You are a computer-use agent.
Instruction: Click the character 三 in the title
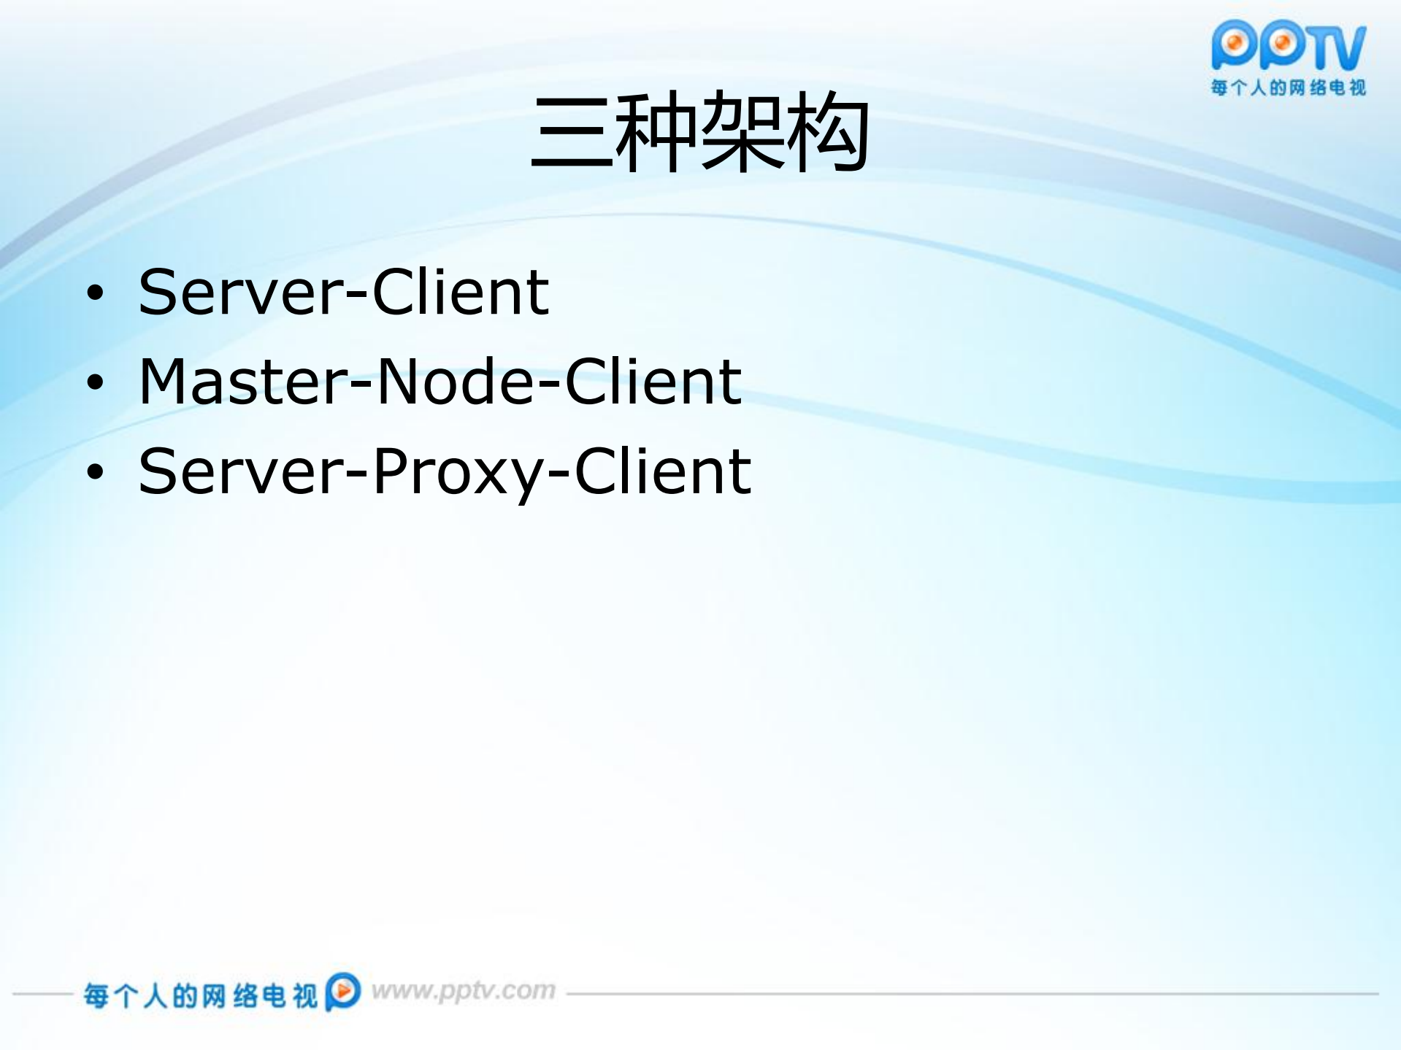tap(572, 133)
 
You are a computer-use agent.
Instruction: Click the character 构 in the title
tap(827, 133)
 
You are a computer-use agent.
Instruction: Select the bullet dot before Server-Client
tap(96, 293)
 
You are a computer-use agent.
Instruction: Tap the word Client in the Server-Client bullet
tap(461, 292)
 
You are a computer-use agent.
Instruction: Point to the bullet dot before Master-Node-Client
tap(96, 382)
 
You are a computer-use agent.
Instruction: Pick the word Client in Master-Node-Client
tap(653, 382)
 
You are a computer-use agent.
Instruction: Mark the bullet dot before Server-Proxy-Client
tap(96, 472)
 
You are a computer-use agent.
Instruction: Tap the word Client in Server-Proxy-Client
tap(663, 471)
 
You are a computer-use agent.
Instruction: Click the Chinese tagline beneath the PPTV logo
tap(1288, 88)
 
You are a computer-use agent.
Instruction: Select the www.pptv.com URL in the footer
tap(463, 991)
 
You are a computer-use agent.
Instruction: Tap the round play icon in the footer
tap(342, 992)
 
